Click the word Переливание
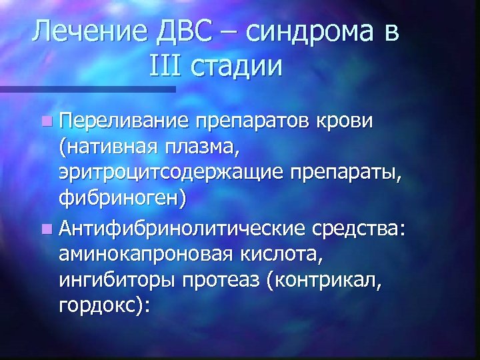pos(125,121)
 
